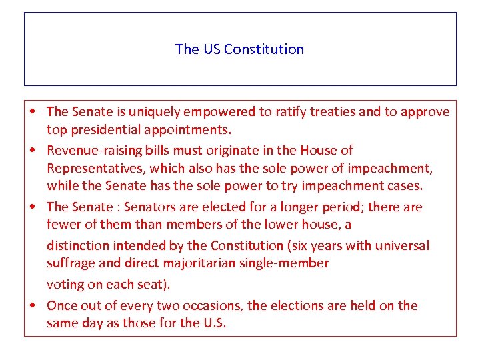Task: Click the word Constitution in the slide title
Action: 264,49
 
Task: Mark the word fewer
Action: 63,225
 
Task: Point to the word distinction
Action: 77,245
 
